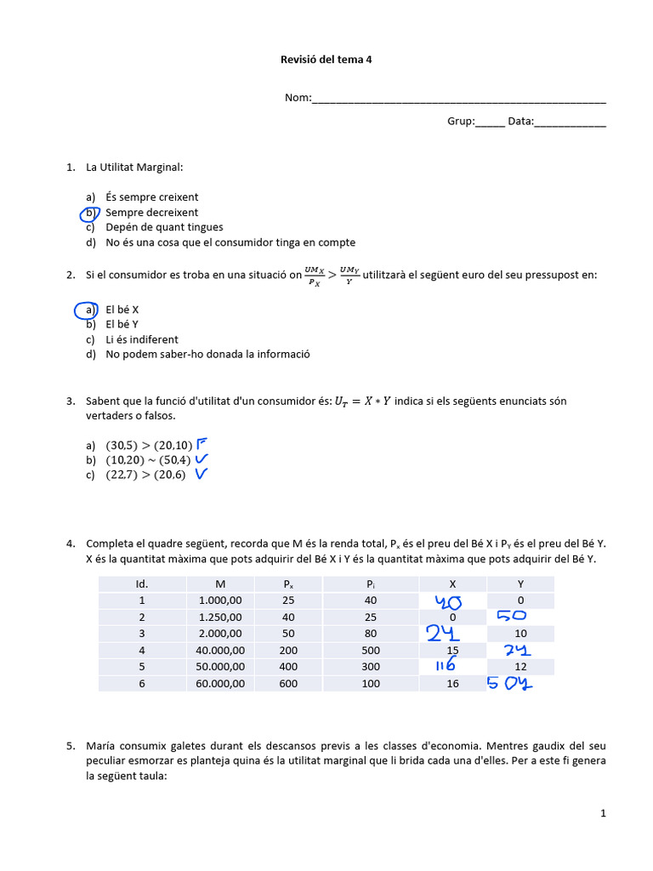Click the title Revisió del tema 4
(326, 60)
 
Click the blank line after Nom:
(459, 99)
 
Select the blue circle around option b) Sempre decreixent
(90, 213)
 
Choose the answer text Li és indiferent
(142, 339)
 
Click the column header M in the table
(220, 584)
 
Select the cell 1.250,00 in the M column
(220, 617)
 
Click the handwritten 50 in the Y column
(508, 616)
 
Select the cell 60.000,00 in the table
(220, 683)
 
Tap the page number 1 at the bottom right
(603, 813)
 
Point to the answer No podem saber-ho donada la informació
(207, 354)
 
